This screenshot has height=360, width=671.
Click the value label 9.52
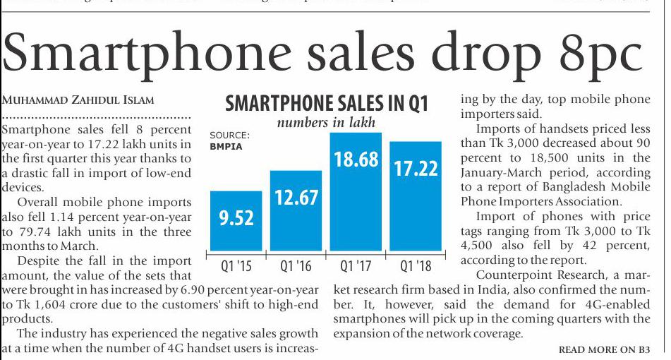click(236, 219)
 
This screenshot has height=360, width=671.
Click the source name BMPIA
click(226, 148)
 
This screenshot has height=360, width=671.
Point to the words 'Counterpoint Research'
click(534, 275)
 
